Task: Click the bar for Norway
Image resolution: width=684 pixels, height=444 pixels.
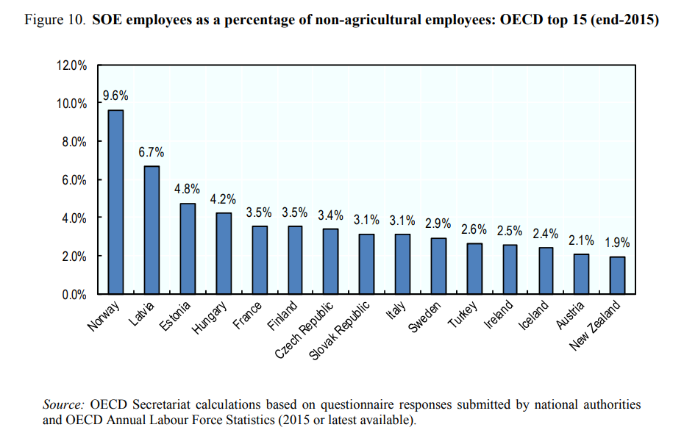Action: (x=115, y=202)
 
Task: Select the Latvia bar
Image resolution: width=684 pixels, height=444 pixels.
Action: (x=152, y=230)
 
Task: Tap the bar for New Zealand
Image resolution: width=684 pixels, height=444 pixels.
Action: (x=617, y=276)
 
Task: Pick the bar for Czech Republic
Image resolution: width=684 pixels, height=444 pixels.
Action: (x=331, y=262)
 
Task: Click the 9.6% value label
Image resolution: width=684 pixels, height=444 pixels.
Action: (x=115, y=96)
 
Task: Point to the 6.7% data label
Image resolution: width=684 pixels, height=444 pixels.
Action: (x=152, y=153)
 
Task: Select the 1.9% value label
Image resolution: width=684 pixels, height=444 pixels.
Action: (x=617, y=243)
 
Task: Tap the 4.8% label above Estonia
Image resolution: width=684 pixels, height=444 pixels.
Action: (x=188, y=188)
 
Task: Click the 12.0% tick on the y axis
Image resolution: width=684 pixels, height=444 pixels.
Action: (x=71, y=65)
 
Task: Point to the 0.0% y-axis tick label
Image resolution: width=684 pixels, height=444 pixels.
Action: (x=74, y=295)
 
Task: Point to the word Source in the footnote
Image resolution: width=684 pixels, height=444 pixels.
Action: (x=64, y=405)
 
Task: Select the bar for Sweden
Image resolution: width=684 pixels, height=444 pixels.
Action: (x=438, y=266)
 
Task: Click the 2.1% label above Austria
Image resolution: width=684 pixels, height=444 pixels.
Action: (x=581, y=240)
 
